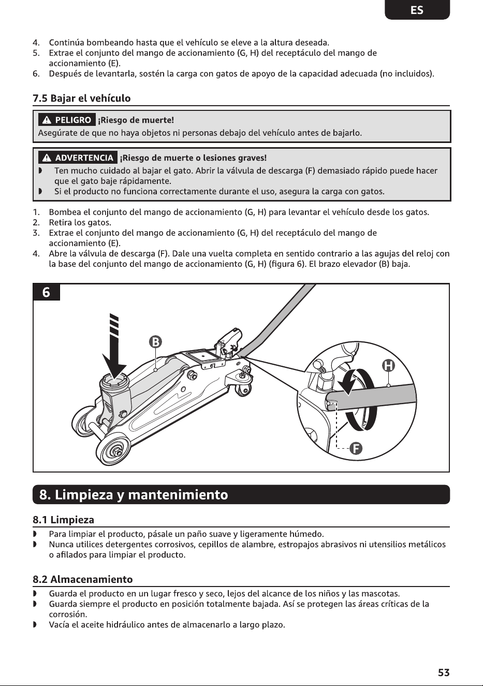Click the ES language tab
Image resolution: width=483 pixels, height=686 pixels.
click(417, 10)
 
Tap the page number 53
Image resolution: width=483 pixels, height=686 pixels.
click(444, 673)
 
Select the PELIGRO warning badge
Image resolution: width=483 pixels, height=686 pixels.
click(67, 120)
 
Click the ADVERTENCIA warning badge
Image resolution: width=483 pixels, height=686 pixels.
click(78, 158)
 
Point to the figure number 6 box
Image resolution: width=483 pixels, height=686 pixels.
click(47, 292)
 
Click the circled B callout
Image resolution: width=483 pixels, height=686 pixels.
click(155, 342)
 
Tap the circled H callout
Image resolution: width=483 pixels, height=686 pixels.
click(388, 366)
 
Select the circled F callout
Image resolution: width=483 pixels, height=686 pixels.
click(356, 449)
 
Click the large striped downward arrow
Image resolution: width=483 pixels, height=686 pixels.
click(114, 347)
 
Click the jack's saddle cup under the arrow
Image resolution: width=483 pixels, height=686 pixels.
click(115, 384)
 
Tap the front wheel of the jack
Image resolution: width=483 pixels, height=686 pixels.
click(115, 449)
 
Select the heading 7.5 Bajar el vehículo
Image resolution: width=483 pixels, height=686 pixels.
click(82, 98)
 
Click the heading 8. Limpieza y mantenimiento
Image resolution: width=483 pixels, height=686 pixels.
click(134, 495)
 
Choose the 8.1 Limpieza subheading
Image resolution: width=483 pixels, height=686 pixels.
click(63, 520)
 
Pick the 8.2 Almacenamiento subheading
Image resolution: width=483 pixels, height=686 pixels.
click(83, 579)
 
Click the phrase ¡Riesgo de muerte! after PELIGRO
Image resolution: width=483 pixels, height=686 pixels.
click(136, 120)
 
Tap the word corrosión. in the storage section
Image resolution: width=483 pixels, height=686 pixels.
click(68, 614)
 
